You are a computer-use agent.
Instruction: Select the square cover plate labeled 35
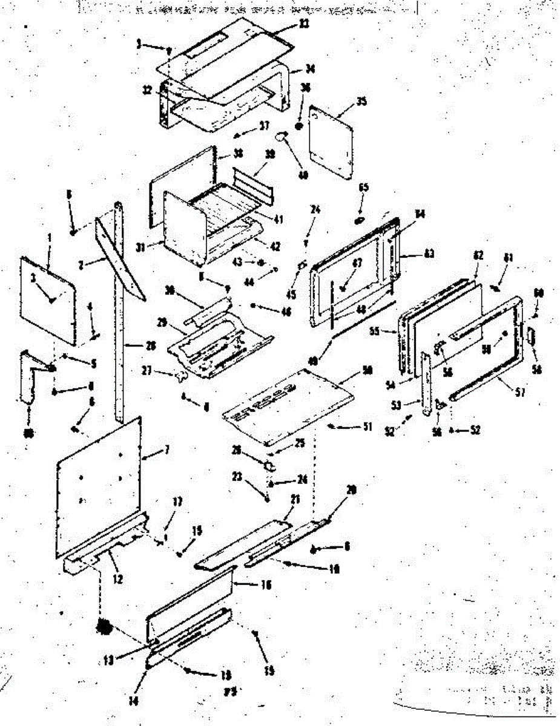(x=331, y=143)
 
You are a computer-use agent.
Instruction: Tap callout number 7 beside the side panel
(x=167, y=449)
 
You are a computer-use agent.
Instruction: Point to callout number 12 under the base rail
(x=118, y=580)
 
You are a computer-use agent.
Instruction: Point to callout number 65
(x=363, y=188)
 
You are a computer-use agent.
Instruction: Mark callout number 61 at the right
(x=509, y=258)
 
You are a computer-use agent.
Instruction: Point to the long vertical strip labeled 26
(x=119, y=315)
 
